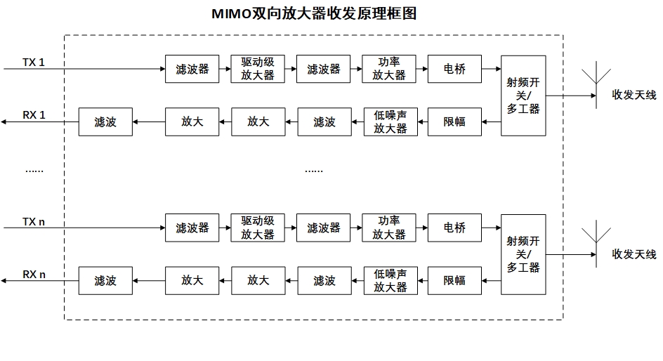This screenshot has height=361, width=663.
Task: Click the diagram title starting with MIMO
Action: [x=314, y=13]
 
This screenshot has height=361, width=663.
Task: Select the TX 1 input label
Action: [x=33, y=63]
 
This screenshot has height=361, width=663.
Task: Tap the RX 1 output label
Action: [x=34, y=115]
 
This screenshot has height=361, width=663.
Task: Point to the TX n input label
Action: [x=34, y=221]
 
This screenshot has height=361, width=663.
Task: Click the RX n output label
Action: [x=34, y=274]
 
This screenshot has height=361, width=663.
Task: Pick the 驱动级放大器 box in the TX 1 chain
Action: [x=258, y=69]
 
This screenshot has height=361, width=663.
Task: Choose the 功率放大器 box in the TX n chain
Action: [x=389, y=228]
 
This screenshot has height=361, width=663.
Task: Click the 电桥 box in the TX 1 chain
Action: [x=454, y=69]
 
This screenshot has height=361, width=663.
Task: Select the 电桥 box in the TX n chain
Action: [x=454, y=228]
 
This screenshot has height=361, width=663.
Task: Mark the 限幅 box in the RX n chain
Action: [x=454, y=280]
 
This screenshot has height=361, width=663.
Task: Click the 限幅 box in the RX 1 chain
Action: [x=454, y=122]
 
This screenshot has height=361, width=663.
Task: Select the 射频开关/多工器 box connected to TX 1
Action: [x=523, y=95]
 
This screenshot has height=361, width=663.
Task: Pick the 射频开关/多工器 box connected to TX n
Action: [x=523, y=254]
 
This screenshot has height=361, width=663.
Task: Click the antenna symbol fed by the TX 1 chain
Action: [x=596, y=84]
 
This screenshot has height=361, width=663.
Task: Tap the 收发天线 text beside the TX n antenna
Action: [x=634, y=254]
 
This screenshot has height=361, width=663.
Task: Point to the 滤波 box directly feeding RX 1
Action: [x=105, y=122]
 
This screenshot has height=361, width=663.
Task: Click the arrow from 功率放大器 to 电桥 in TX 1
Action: [x=421, y=69]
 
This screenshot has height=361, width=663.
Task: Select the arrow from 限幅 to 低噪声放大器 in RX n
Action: [x=422, y=280]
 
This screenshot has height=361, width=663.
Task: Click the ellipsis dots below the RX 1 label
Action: [x=34, y=170]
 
